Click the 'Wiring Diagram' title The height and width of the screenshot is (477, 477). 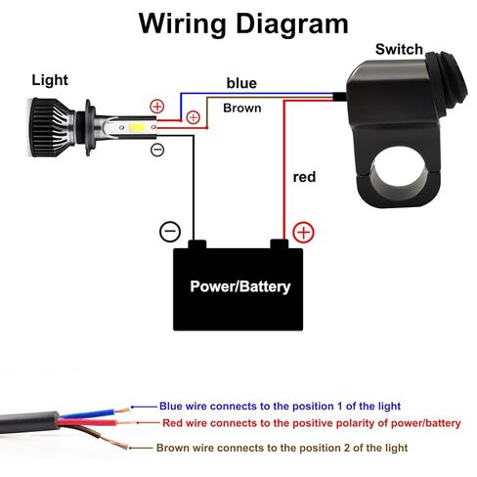click(x=243, y=24)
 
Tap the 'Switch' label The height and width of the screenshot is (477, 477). click(x=399, y=49)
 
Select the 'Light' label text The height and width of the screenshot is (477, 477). click(x=50, y=80)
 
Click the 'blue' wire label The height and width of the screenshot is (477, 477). click(x=241, y=83)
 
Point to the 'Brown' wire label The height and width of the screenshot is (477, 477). click(x=242, y=108)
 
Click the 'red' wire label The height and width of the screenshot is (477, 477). click(x=304, y=177)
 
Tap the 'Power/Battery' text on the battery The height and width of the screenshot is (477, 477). click(x=240, y=286)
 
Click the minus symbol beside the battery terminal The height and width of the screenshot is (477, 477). click(x=170, y=232)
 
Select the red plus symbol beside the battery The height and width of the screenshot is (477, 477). click(x=303, y=233)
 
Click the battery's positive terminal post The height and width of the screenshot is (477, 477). click(x=280, y=244)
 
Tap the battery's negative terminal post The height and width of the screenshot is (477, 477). click(x=197, y=244)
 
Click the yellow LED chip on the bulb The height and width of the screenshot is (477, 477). click(x=137, y=127)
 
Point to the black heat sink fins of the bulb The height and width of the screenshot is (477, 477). click(x=51, y=127)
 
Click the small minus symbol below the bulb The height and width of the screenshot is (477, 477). click(x=157, y=150)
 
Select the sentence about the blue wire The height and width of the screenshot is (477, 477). click(x=280, y=406)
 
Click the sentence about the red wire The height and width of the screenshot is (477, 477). click(x=312, y=423)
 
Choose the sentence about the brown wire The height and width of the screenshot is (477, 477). click(x=282, y=448)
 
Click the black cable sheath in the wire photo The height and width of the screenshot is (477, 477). click(x=29, y=422)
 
